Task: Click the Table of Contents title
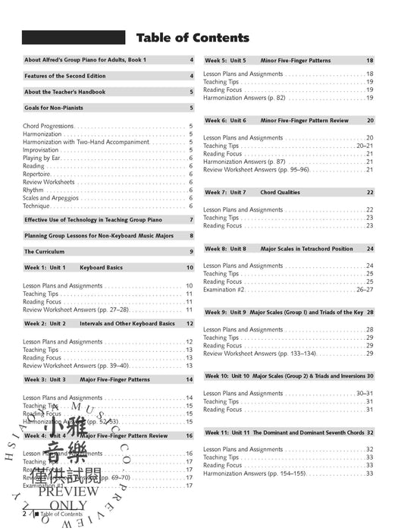pyautogui.click(x=192, y=37)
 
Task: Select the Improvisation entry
pyautogui.click(x=45, y=150)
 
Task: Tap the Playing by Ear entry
pyautogui.click(x=46, y=158)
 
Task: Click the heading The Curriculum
pyautogui.click(x=46, y=251)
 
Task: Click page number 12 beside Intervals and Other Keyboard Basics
pyautogui.click(x=190, y=323)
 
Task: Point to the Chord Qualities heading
pyautogui.click(x=284, y=192)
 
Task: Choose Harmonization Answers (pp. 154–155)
pyautogui.click(x=249, y=474)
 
